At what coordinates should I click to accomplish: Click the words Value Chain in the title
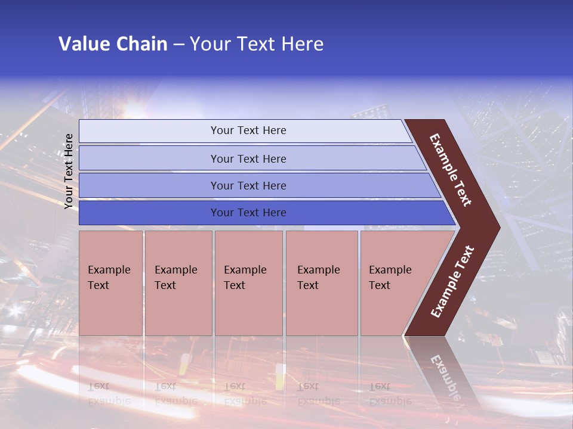[113, 43]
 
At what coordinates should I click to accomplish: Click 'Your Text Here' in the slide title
[257, 43]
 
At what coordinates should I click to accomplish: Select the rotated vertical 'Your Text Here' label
[69, 171]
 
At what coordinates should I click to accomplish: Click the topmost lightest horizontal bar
[149, 130]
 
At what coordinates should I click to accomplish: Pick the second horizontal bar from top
[149, 158]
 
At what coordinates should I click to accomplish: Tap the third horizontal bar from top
[149, 185]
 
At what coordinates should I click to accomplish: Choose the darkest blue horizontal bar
[149, 213]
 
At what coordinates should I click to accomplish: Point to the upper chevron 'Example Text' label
[451, 170]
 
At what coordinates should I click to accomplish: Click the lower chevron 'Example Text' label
[452, 281]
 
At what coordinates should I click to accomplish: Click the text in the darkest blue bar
[248, 213]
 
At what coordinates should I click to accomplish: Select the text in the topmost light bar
[248, 130]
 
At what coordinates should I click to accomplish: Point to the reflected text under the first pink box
[109, 393]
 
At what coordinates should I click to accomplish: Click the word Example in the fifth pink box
[390, 270]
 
